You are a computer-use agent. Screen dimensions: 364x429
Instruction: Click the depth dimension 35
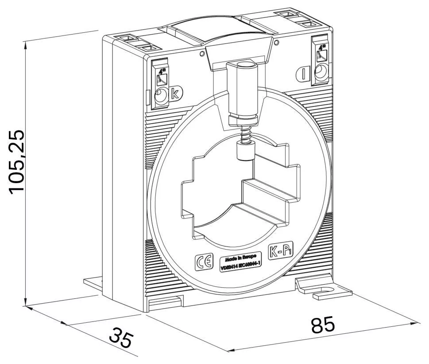pos(120,338)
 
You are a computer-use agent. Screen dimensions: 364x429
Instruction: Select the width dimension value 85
pos(323,325)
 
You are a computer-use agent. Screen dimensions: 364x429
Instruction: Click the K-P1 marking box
pos(280,253)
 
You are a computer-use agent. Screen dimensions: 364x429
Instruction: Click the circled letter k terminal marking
pos(175,94)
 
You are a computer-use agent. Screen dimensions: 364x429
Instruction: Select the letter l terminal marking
pos(304,74)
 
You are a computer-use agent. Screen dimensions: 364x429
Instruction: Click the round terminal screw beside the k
pos(161,95)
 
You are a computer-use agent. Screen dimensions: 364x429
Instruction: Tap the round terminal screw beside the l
pos(320,71)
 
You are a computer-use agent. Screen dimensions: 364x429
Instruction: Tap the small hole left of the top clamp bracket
pos(202,54)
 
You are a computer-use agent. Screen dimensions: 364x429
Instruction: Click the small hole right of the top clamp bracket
pos(277,43)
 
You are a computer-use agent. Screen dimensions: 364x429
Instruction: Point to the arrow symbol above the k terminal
pos(162,75)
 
